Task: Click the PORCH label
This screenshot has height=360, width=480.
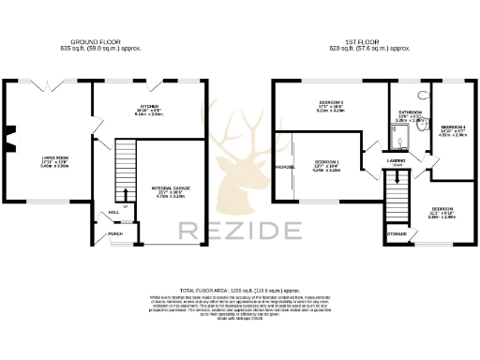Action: (115, 234)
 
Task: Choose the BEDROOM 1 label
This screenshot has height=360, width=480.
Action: (327, 162)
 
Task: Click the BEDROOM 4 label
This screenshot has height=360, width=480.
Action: (454, 126)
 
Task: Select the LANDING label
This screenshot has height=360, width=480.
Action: (395, 160)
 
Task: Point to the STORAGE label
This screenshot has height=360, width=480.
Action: (396, 233)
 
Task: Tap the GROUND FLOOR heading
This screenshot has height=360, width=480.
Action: (99, 40)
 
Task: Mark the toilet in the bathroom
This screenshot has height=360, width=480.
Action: (424, 96)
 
